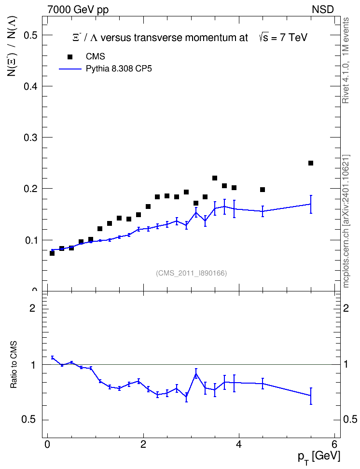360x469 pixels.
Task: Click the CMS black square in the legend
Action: pos(70,57)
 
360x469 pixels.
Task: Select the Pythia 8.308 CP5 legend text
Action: pos(119,69)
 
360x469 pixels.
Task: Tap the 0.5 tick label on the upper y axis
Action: pos(30,35)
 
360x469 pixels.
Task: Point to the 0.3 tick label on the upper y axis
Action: pos(30,138)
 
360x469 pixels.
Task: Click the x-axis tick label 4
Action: pos(239,444)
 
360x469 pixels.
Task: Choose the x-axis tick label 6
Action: pos(334,444)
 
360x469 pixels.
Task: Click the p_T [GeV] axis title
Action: pos(319,457)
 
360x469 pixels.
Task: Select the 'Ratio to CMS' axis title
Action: pos(14,365)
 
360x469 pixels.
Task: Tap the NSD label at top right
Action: pos(323,10)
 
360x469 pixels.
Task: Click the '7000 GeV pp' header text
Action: pos(78,10)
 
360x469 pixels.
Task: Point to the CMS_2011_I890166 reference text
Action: pos(191,273)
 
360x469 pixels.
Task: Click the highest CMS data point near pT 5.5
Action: pos(311,163)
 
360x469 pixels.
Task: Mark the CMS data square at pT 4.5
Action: pos(263,190)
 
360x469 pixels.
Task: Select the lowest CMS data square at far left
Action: pos(52,253)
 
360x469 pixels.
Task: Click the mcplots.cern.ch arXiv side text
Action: pos(346,221)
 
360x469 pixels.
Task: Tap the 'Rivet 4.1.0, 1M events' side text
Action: pos(346,61)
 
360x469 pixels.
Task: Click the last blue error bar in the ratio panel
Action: pos(311,396)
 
